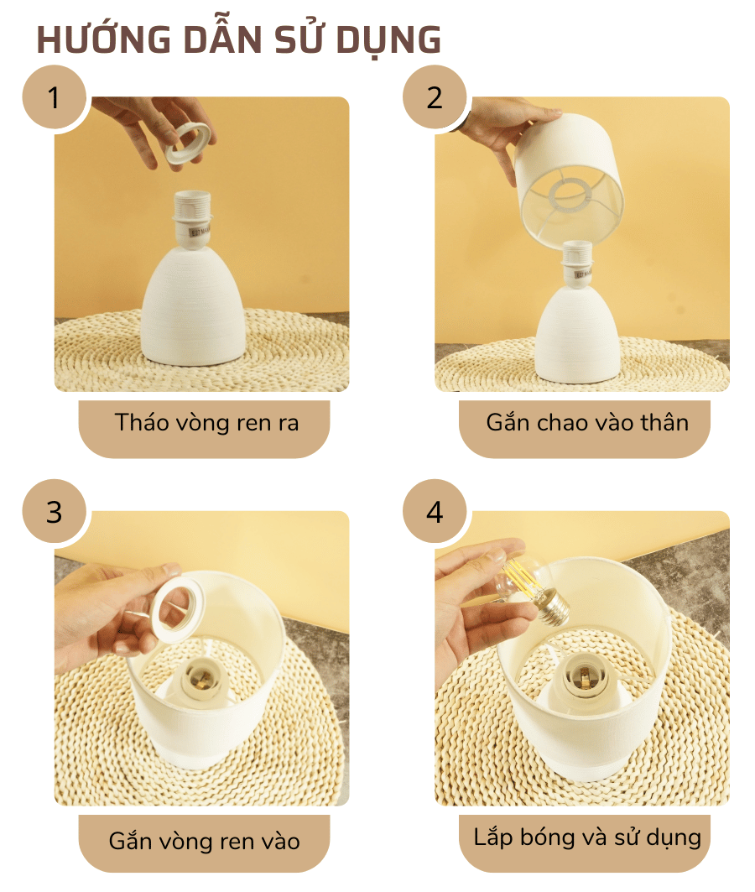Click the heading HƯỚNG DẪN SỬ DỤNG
point(238,40)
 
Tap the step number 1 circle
point(55,97)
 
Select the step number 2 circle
point(435,97)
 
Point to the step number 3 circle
point(55,512)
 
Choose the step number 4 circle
point(435,512)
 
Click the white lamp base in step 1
point(193,310)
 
